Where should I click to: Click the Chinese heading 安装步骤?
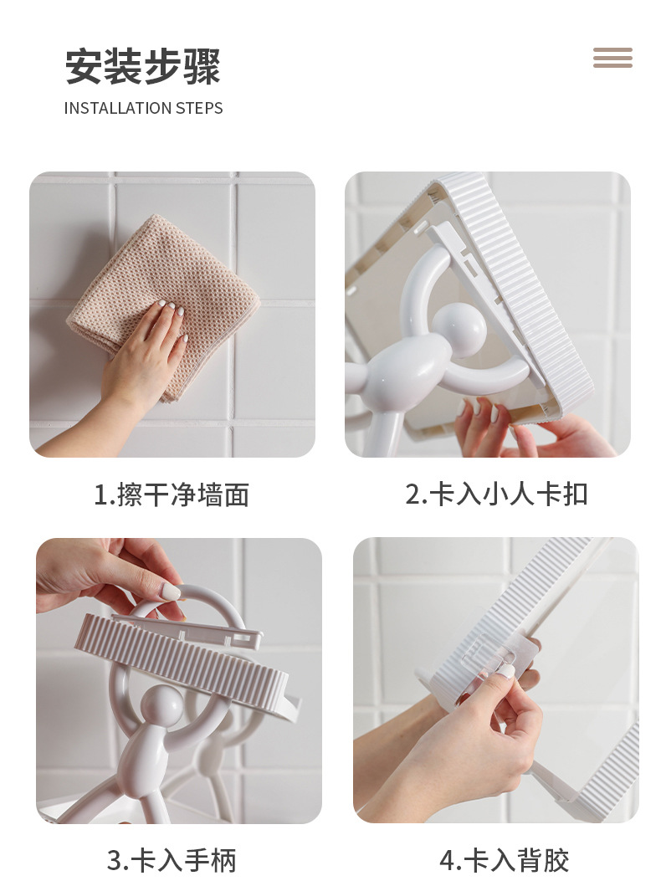(143, 67)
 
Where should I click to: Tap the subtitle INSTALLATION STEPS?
(143, 108)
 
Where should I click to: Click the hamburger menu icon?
(612, 58)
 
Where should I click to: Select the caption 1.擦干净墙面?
(172, 494)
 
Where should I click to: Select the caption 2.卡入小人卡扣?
(496, 494)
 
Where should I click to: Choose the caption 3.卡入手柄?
(172, 860)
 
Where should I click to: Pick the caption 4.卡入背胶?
(504, 860)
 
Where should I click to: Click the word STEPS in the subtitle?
(199, 108)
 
